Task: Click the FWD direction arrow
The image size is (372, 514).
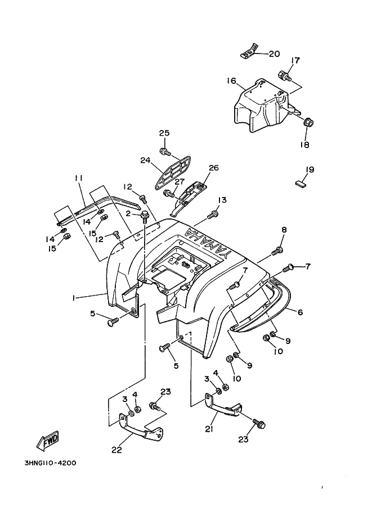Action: pos(48,440)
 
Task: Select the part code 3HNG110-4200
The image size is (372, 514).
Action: pos(50,463)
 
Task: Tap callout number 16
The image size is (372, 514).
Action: pos(231,81)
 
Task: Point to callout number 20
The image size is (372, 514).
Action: pos(274,54)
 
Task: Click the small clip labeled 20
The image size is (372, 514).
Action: pos(248,53)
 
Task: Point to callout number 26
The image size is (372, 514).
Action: pos(213,168)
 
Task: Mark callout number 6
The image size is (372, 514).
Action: pos(300,311)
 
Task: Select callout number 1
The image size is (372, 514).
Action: pos(74,298)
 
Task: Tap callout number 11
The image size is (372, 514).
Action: pos(78,178)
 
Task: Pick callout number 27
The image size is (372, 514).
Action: pos(179,181)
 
